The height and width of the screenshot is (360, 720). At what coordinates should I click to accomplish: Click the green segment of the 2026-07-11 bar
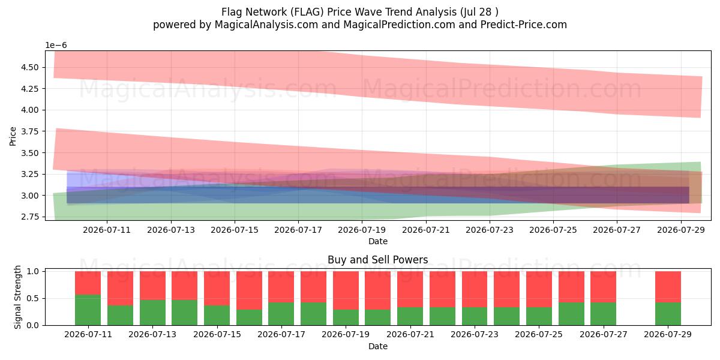point(88,310)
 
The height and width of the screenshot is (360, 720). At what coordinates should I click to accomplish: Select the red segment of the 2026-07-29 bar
point(668,287)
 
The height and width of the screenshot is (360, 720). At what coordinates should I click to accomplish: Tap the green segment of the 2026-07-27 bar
point(604,314)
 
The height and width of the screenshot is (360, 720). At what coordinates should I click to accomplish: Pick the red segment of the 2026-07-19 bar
point(346,290)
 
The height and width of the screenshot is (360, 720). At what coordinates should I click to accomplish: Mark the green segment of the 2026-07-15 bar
point(217,315)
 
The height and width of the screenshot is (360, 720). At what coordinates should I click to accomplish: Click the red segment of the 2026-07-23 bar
point(475,289)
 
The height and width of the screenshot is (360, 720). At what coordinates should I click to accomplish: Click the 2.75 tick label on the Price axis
point(30,217)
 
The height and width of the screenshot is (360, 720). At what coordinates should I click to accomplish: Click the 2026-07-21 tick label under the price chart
point(426,230)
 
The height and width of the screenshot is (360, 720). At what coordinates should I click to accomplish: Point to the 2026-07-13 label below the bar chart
point(152,335)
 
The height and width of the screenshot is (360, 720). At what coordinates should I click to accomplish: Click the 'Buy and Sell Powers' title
point(377,260)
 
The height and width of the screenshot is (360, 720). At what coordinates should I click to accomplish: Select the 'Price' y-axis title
point(13,136)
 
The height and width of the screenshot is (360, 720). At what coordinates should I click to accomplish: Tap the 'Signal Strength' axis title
point(17,297)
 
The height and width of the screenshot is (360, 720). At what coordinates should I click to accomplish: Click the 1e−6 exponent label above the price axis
point(56,46)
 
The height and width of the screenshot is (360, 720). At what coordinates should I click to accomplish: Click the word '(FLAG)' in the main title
point(307,12)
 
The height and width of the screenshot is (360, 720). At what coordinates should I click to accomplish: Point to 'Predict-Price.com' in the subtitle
point(524,25)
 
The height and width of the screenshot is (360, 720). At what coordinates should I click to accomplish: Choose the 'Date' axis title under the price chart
point(378,241)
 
